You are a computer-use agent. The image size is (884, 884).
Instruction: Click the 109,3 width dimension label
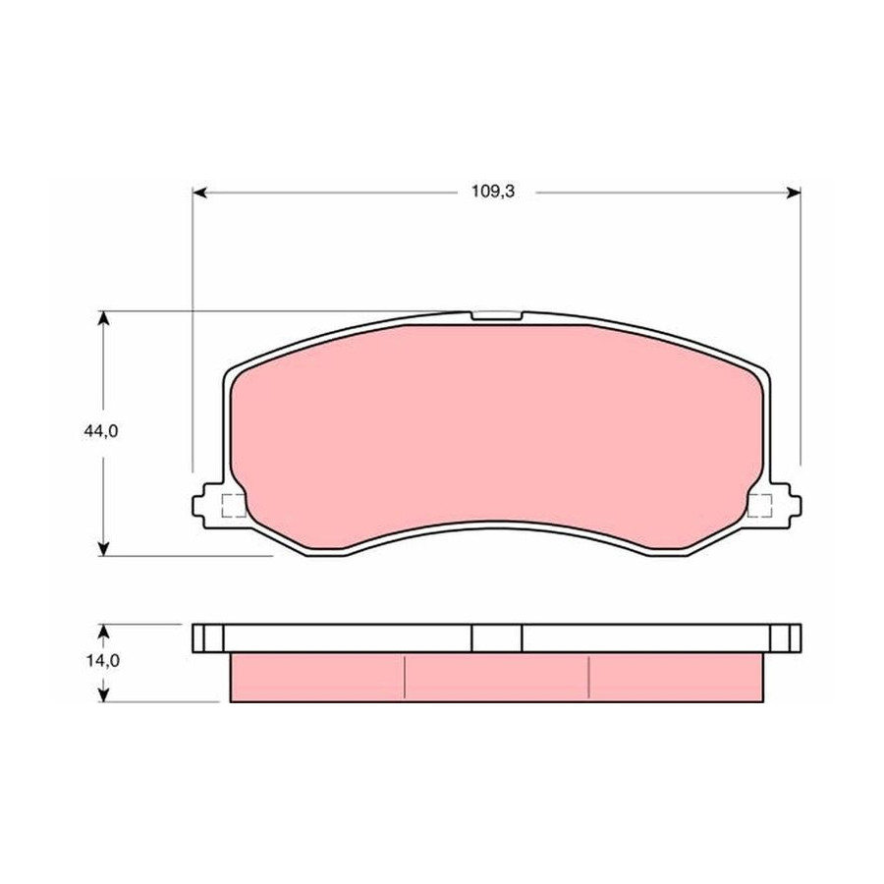coord(493,192)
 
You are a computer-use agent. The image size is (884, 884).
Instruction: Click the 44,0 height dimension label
coord(101,431)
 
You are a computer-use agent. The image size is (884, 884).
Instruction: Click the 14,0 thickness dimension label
coord(102,660)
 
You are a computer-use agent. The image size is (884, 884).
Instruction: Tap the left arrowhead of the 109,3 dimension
coord(199,193)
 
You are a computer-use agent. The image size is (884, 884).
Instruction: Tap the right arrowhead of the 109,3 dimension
coord(794,193)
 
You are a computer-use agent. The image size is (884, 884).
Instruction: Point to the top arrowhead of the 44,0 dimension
coord(103,318)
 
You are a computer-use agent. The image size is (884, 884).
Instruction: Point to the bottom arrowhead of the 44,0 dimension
coord(103,548)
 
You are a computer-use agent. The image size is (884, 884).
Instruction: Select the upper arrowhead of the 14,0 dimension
coord(103,631)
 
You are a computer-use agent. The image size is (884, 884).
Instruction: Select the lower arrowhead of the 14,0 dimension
coord(103,694)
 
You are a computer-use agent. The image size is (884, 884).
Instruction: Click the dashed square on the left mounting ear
coord(234,506)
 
